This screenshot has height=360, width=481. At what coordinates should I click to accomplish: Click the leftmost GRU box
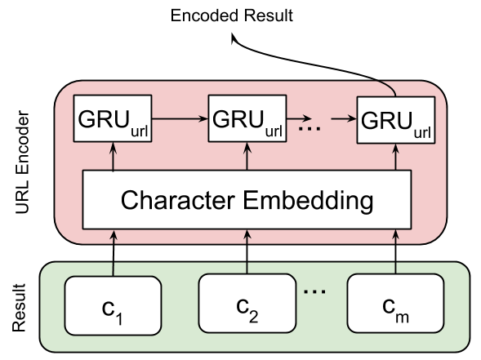[113, 119]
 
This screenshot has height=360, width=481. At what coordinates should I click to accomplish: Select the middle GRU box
[247, 119]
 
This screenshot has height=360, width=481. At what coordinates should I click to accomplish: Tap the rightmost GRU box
[396, 119]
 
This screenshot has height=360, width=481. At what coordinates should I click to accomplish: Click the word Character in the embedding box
[176, 200]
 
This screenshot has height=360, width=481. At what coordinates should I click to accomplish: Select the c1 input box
[113, 305]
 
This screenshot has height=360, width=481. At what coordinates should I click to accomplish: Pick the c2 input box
[247, 305]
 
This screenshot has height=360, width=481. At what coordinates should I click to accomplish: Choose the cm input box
[395, 305]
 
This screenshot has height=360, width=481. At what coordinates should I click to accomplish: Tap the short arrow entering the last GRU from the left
[348, 119]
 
